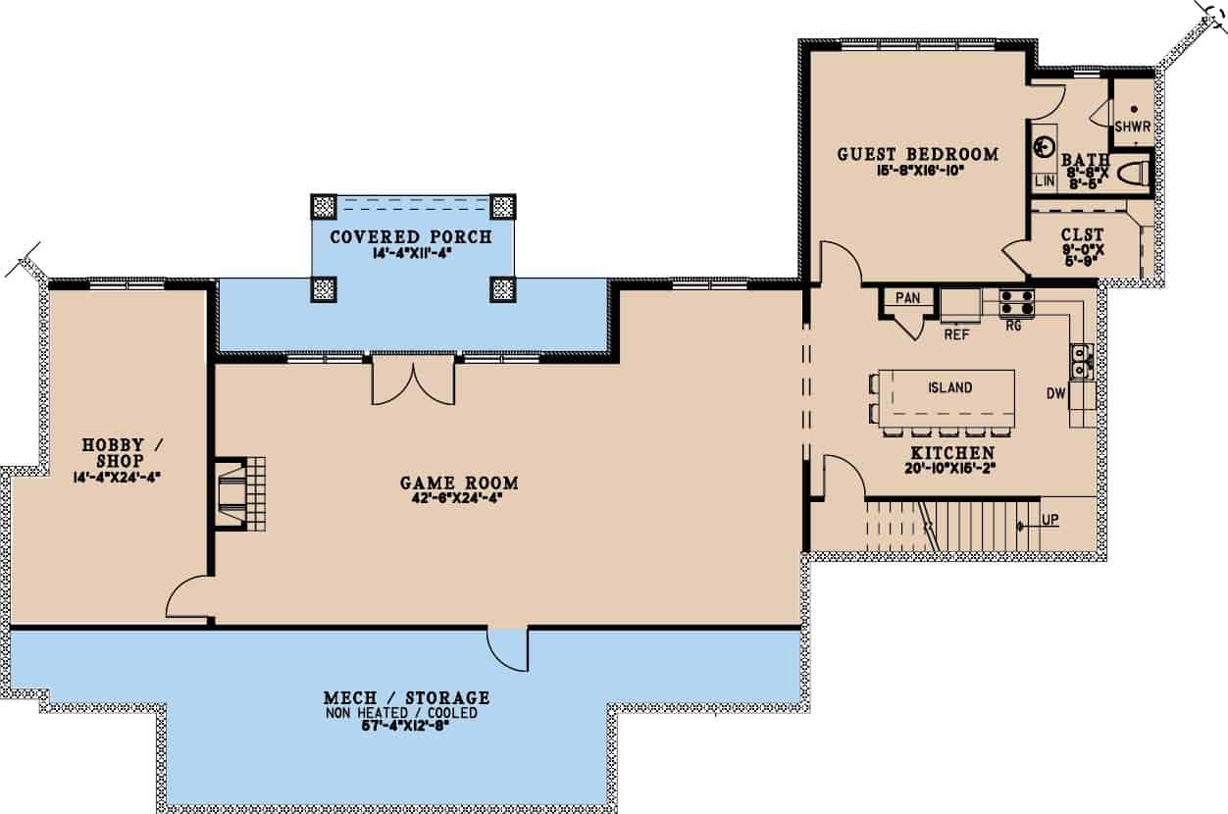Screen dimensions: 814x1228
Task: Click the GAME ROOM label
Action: click(x=459, y=483)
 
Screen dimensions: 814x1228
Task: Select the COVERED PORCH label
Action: click(x=410, y=237)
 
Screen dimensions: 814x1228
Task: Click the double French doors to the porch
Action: click(x=413, y=381)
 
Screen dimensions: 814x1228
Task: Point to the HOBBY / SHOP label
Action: click(x=123, y=452)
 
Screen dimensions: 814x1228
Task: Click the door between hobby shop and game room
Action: click(x=187, y=597)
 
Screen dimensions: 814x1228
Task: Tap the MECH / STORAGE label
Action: click(x=406, y=698)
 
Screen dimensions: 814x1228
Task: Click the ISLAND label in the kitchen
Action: click(x=949, y=387)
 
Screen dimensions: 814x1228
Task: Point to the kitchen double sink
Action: click(x=1083, y=360)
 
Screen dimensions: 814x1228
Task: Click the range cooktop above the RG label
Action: click(x=1014, y=303)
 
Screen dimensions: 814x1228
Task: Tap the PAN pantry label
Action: click(x=907, y=297)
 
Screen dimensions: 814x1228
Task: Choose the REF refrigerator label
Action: click(x=956, y=333)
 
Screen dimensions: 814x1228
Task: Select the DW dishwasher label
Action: click(x=1055, y=394)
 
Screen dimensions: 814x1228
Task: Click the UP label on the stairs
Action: click(x=1050, y=520)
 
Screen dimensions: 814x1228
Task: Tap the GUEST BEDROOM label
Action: click(x=917, y=154)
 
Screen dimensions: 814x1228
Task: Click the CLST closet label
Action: click(x=1083, y=234)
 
